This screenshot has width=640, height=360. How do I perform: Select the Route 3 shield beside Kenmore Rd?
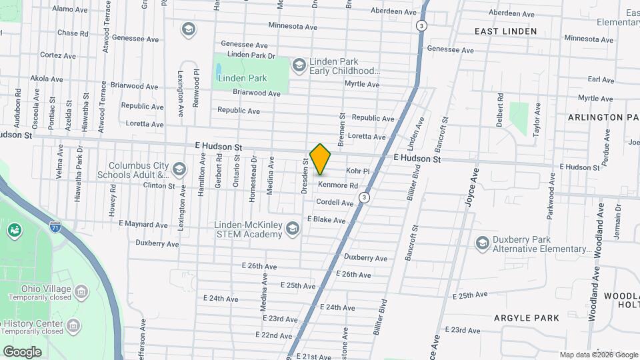coord(363,197)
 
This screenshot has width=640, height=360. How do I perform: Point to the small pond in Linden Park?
coord(219,69)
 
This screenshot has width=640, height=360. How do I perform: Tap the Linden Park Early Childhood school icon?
coord(299,65)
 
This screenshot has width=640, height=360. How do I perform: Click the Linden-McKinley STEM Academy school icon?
coord(291,229)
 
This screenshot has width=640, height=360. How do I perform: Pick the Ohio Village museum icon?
coord(81,291)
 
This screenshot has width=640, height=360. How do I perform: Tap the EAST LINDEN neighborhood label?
coord(505,31)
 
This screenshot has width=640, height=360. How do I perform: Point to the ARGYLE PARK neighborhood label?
coord(527,318)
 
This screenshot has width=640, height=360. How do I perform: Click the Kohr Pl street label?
coord(357,171)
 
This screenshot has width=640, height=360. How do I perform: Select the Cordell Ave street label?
coord(335,202)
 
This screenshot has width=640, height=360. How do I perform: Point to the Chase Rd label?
coord(73,33)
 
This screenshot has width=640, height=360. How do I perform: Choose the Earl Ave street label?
coord(601,79)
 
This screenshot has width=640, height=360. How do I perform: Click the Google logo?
coord(22,351)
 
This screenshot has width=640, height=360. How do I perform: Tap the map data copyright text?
coord(599,355)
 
